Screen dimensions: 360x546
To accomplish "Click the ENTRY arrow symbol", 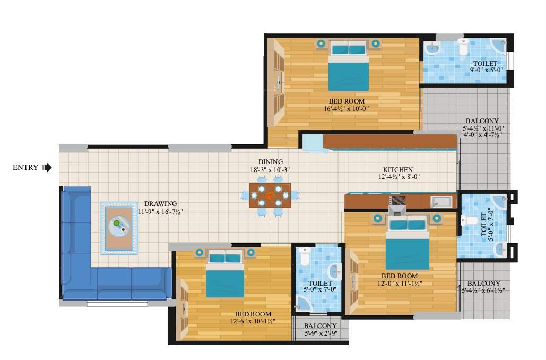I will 47,168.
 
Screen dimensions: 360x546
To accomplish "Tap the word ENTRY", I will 25,168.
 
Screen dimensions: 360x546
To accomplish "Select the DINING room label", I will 270,162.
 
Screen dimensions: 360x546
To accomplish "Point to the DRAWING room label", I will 160,204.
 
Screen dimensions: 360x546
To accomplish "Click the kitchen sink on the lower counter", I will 441,201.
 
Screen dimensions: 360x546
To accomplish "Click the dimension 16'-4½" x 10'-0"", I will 346,109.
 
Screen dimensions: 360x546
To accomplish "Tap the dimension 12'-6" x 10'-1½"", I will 253,322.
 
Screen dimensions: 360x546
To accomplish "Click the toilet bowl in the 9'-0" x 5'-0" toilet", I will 463,48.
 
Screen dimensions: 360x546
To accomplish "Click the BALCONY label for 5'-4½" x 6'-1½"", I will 483,283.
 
